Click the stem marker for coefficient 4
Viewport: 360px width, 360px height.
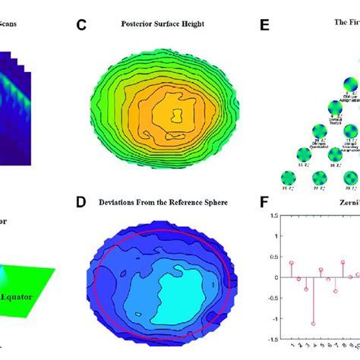tap(313, 323)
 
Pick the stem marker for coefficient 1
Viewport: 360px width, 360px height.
tap(291, 263)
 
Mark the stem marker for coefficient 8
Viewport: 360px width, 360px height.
tap(343, 263)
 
